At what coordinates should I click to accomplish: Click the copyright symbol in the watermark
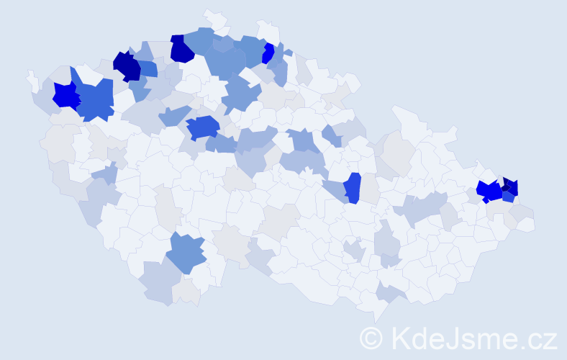pos(371,337)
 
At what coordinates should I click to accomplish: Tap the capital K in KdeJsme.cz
pos(402,337)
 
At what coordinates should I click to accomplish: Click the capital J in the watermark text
pos(454,337)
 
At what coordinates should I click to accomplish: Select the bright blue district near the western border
pos(65,95)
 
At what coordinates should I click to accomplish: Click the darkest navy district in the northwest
pos(127,66)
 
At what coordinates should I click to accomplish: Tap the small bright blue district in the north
pos(268,53)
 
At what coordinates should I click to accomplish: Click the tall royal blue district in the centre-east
pos(352,189)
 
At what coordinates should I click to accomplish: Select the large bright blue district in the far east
pos(490,191)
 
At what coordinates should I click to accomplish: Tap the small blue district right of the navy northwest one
pos(148,68)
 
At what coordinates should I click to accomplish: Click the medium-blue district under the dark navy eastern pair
pos(508,196)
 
